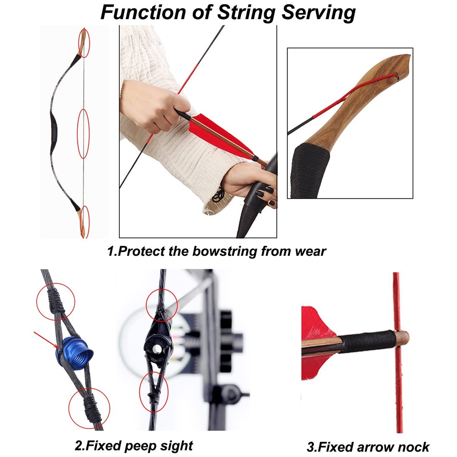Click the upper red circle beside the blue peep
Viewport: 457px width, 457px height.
point(55,301)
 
